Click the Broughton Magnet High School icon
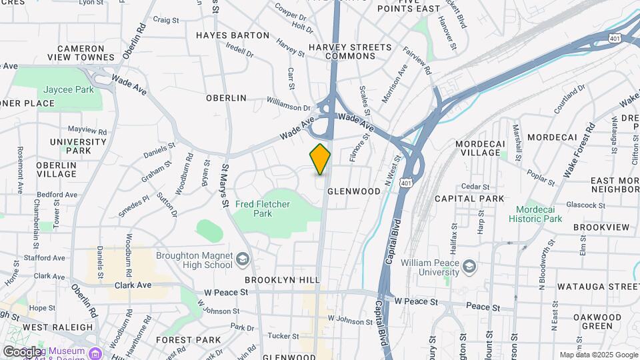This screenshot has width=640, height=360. [x=243, y=257]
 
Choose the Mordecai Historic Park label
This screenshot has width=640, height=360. [x=535, y=213]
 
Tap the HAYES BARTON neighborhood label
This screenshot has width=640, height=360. [x=233, y=35]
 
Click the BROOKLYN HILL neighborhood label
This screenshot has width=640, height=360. [x=282, y=280]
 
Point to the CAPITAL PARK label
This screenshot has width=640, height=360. [x=465, y=199]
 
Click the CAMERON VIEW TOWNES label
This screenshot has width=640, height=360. [x=81, y=53]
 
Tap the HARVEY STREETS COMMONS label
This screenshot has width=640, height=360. [x=350, y=51]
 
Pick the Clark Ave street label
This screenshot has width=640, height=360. [x=133, y=285]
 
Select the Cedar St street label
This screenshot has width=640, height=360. [x=475, y=187]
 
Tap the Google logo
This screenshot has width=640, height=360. [x=21, y=351]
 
